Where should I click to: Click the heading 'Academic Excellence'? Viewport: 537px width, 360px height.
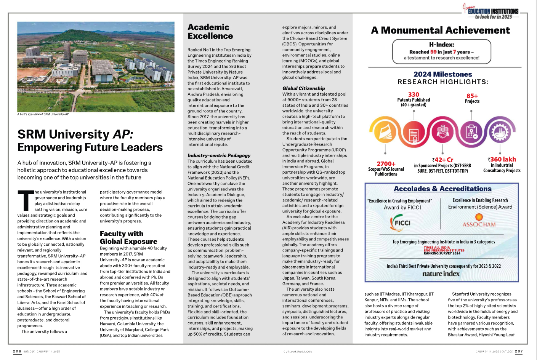pos(210,32)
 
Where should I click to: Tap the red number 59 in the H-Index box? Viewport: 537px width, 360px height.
pos(433,52)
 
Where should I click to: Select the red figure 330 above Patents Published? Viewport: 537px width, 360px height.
pos(414,94)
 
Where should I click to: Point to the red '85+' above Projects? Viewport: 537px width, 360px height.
pos(472,96)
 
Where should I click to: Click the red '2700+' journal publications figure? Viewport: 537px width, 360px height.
pos(386,164)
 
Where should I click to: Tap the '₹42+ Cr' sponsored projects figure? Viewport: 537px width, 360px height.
pos(442,160)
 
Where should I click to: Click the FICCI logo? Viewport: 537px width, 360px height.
pos(401,223)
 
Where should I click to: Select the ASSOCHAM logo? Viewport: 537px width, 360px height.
pos(479,221)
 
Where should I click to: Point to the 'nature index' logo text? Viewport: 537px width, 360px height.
pos(441,274)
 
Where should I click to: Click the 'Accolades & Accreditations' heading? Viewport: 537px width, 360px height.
pos(442,189)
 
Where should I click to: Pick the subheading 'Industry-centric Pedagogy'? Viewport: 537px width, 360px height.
pos(219,155)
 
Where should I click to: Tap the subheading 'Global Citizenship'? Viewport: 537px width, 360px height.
pos(303,88)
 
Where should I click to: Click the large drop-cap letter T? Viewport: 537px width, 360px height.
pos(26,200)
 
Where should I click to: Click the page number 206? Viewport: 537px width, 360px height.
pos(17,351)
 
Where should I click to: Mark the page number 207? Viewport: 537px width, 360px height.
pos(519,351)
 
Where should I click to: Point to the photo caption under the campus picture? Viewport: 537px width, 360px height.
pos(43,114)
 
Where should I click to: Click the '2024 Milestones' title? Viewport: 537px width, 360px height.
pos(442,74)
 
